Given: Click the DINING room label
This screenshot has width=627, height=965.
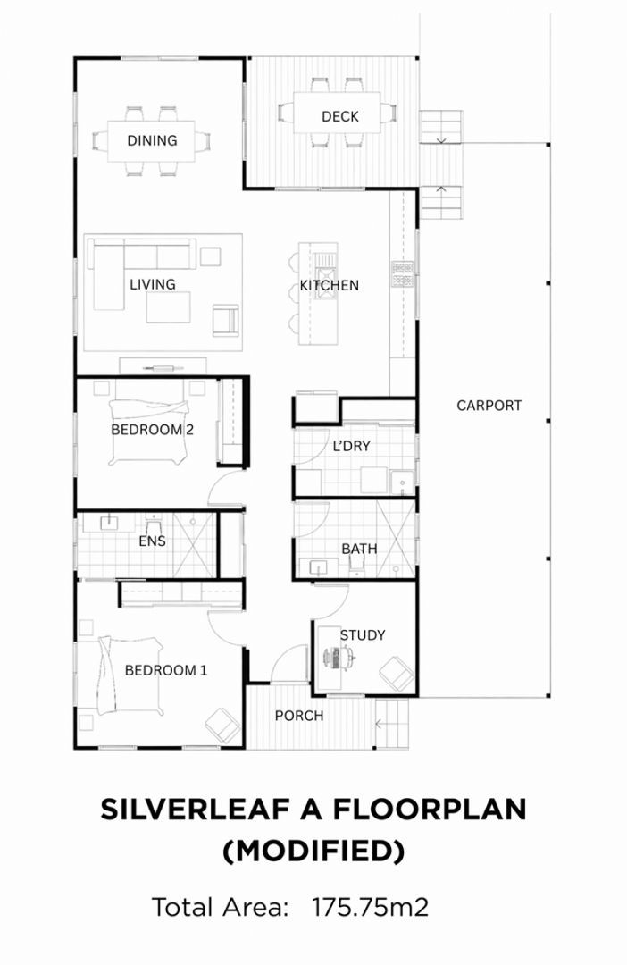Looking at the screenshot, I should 152,140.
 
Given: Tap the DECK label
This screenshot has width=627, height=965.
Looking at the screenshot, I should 339,116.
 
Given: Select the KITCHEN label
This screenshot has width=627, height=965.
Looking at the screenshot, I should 329,285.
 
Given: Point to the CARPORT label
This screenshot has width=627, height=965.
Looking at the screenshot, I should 489,405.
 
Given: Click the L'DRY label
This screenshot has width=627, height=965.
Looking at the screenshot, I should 351,446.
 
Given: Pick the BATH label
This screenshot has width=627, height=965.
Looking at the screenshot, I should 359,548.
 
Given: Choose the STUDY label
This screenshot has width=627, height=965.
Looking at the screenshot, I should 362,635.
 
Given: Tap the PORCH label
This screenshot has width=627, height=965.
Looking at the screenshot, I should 298,715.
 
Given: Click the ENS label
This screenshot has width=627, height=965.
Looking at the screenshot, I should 152,541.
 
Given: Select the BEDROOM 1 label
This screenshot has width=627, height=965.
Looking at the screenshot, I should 165,669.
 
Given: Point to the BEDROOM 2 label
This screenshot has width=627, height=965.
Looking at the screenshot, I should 152,429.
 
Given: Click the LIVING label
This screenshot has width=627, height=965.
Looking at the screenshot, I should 152,284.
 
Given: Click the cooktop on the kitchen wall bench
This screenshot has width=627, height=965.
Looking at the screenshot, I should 402,273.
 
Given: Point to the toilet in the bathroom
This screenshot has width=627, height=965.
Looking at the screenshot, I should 360,567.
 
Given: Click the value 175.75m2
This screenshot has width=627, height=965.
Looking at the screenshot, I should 370,907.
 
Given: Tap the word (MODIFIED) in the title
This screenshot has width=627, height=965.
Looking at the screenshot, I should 313,852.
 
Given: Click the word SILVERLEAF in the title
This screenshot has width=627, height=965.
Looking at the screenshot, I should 193,809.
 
